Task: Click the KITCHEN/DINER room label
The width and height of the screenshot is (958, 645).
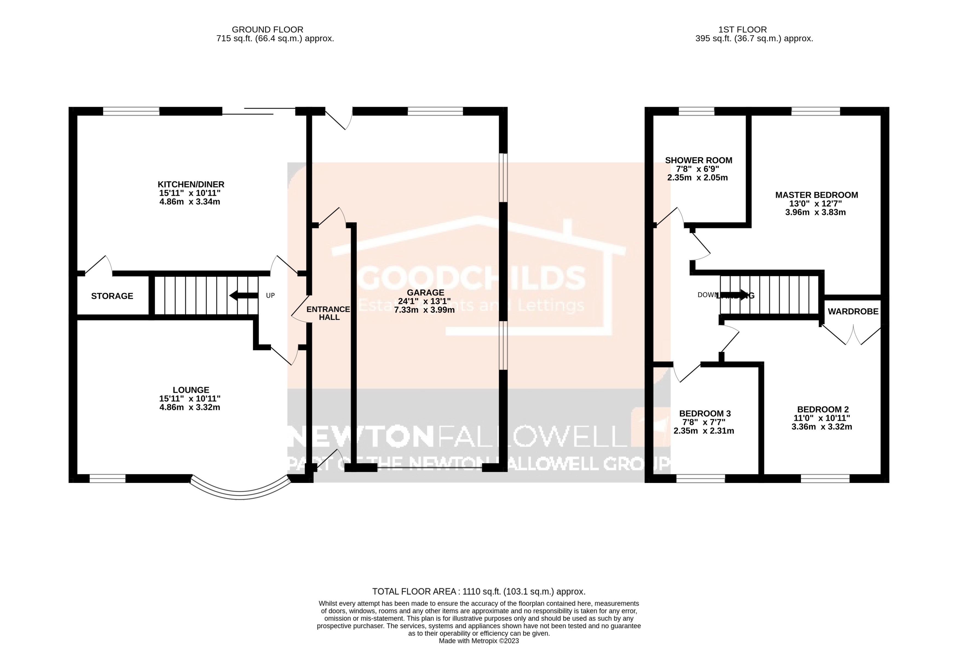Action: coord(191,184)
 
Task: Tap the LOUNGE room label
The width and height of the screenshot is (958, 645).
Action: coord(191,390)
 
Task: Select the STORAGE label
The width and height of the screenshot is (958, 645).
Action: coord(112,296)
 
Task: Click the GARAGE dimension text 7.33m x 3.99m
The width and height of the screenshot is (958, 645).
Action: coord(424,310)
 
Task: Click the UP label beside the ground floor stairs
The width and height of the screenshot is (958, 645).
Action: coord(270,295)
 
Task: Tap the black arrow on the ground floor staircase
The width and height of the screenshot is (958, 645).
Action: coord(244,295)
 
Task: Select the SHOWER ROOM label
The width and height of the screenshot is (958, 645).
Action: coord(699,160)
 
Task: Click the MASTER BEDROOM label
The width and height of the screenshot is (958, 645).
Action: coord(816,195)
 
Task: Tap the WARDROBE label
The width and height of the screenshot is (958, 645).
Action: coord(853,311)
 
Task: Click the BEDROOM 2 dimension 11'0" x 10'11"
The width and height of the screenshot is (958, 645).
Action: coord(821,418)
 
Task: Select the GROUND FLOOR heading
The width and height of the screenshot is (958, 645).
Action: coord(267,30)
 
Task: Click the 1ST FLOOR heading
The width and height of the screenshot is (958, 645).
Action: coord(743,30)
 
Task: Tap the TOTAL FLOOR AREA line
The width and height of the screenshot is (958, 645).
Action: coord(479,592)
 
